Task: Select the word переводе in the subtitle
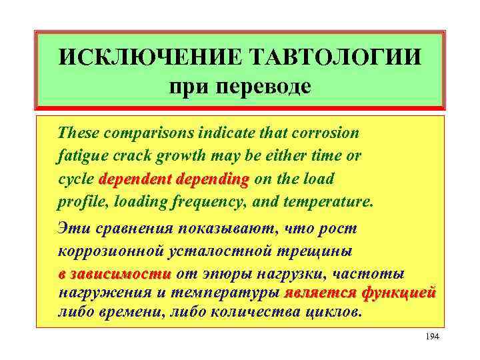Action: (265, 87)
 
